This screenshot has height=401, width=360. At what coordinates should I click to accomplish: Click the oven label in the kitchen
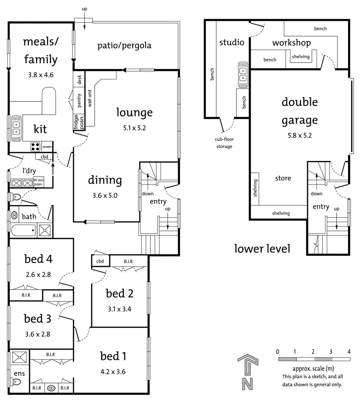(x=47, y=147)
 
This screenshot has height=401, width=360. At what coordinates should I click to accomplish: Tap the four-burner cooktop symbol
(x=35, y=147)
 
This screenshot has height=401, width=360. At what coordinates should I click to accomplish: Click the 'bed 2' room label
(x=120, y=294)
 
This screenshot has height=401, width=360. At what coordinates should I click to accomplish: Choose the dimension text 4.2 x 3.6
(x=113, y=371)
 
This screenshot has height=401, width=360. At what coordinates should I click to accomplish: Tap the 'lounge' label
(x=134, y=112)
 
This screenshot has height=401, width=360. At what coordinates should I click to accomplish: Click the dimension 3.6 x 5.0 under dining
(x=105, y=195)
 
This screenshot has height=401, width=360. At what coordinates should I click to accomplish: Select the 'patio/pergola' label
(x=124, y=46)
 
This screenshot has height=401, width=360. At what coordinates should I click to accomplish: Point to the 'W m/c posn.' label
(x=38, y=182)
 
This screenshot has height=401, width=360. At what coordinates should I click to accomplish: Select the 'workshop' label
(x=291, y=43)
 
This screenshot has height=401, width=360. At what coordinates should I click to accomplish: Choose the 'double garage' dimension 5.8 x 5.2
(x=300, y=135)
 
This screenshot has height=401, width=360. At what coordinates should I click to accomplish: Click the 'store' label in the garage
(x=283, y=178)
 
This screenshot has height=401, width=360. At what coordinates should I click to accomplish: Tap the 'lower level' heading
(x=262, y=248)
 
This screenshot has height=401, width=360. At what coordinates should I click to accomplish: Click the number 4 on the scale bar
(x=349, y=352)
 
